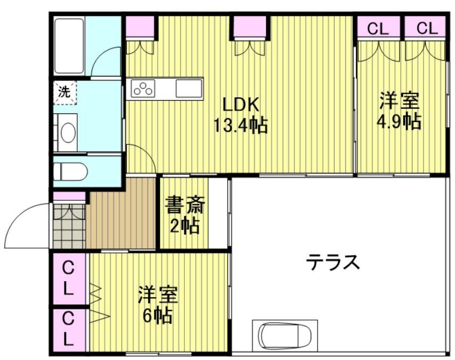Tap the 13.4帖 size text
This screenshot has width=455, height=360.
[x=240, y=126]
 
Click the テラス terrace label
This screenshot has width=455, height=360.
[x=334, y=262]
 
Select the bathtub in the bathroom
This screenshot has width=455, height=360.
[x=69, y=46]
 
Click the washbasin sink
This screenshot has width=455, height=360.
[x=67, y=132]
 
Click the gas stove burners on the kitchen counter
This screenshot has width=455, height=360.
[x=143, y=88]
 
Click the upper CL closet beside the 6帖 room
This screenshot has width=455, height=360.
[x=69, y=278]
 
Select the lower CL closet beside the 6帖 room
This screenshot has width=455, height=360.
[x=69, y=329]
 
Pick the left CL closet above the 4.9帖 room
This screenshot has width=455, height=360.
[x=378, y=29]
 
